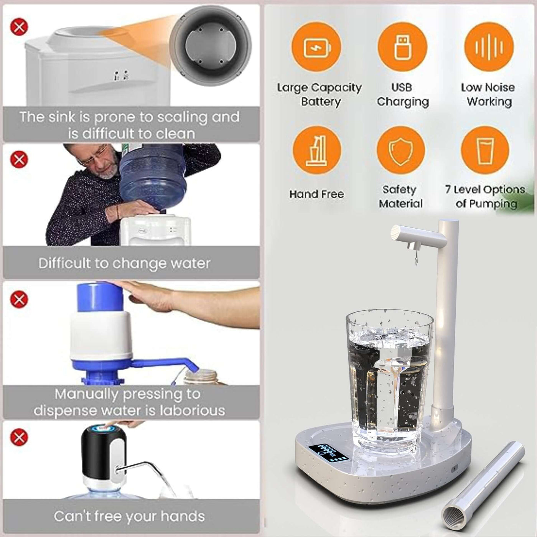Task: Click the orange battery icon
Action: pos(316,47)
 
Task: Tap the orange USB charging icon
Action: pos(402,47)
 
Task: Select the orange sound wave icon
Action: pos(488,47)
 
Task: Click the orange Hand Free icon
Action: pos(316,150)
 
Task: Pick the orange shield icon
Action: pos(400,150)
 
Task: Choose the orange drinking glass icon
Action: pos(485,150)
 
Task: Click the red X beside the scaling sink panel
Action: pos(19,27)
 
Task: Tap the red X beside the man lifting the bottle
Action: pos(19,159)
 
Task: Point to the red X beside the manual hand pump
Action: pos(19,298)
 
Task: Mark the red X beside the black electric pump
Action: pos(19,437)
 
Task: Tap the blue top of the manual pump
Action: pos(100,297)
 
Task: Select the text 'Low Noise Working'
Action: pos(488,94)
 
